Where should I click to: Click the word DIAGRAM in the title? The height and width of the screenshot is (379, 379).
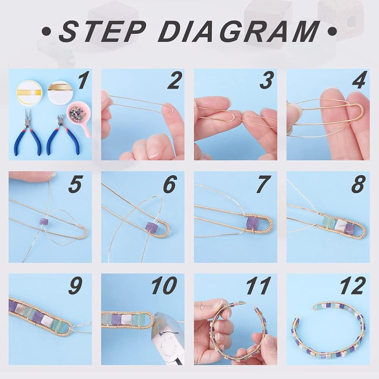(238, 31)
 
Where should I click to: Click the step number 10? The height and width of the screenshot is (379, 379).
(164, 285)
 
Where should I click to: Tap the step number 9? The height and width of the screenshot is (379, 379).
(75, 285)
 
